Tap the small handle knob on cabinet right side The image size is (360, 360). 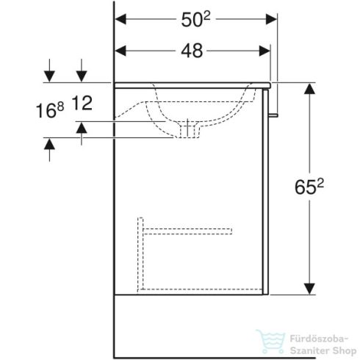point(274,114)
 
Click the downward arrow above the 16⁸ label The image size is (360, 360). point(49,74)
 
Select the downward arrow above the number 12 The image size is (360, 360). point(82,74)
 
